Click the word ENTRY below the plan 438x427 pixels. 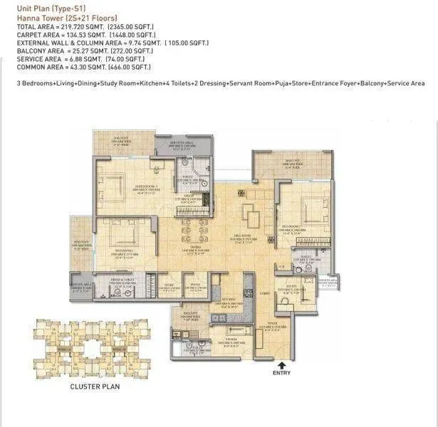coord(282,371)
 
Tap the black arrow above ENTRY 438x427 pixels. coord(282,361)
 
